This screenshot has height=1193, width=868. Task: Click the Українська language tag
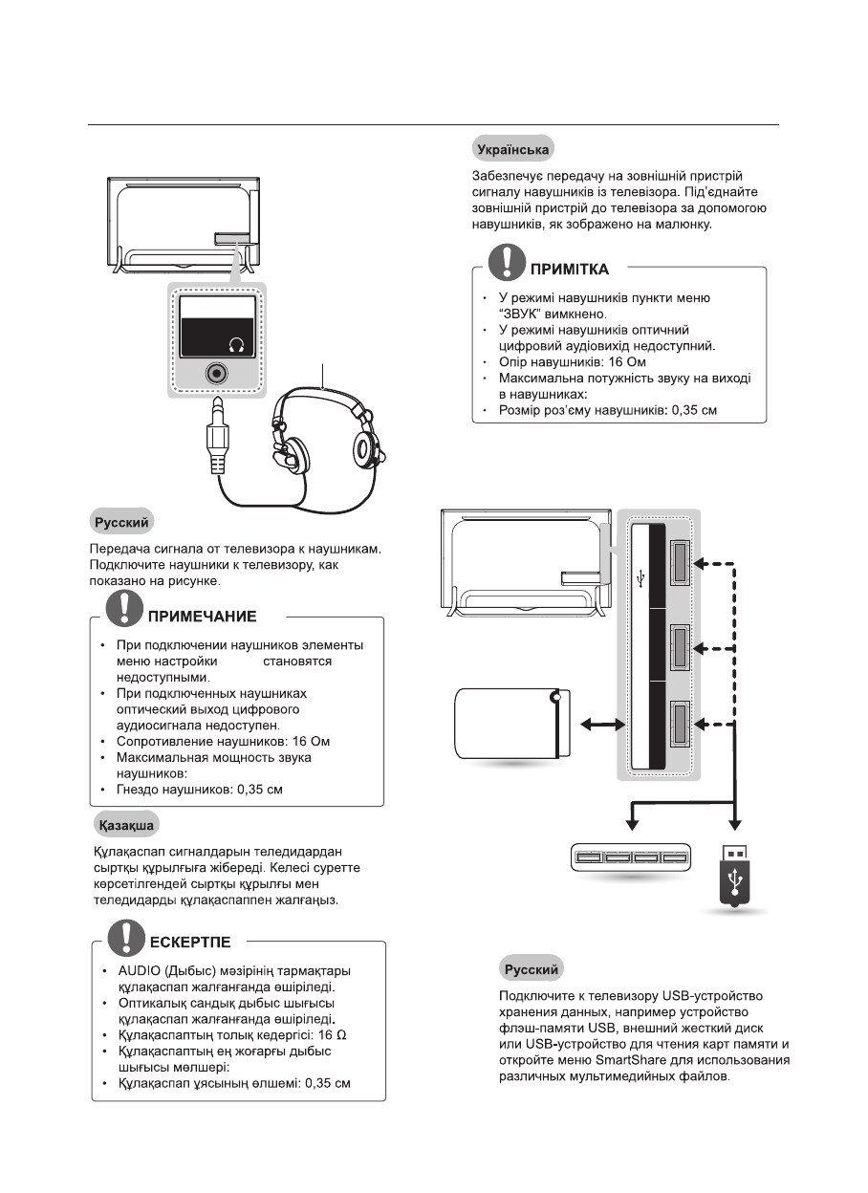point(514,150)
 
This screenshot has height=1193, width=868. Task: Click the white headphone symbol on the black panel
point(237,345)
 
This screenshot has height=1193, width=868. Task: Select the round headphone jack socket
point(218,374)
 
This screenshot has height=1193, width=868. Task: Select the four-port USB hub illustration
point(629,857)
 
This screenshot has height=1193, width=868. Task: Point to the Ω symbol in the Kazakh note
point(355,1035)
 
